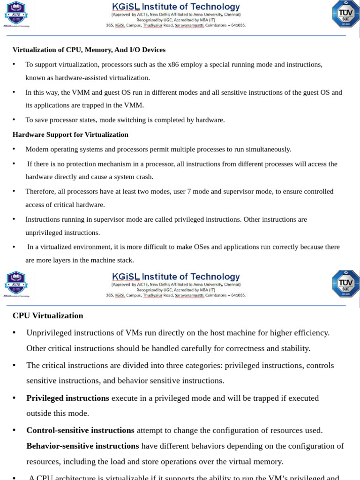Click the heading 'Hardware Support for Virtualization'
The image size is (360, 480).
pyautogui.click(x=70, y=135)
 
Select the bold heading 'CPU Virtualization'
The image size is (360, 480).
pyautogui.click(x=48, y=315)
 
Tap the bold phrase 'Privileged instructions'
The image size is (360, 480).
pyautogui.click(x=67, y=398)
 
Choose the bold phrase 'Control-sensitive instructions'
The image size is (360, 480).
pyautogui.click(x=80, y=430)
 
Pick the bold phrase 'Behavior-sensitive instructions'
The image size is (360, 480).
pyautogui.click(x=82, y=445)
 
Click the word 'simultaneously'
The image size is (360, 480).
pyautogui.click(x=269, y=149)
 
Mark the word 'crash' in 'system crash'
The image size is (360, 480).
pyautogui.click(x=143, y=177)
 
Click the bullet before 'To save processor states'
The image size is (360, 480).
pyautogui.click(x=14, y=120)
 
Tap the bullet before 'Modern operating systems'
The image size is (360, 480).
pyautogui.click(x=14, y=149)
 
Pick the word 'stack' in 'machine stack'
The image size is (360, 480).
pyautogui.click(x=124, y=260)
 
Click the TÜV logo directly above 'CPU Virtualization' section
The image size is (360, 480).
pyautogui.click(x=345, y=283)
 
